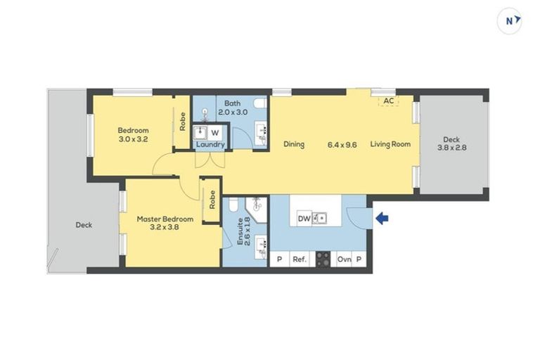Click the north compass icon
[x=509, y=21]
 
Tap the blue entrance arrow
[x=382, y=218]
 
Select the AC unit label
[x=389, y=101]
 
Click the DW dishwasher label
[x=304, y=219]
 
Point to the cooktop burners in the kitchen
[x=323, y=259]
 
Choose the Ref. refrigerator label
[x=300, y=259]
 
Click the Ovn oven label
[x=344, y=259]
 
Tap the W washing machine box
[x=215, y=133]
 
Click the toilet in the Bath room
[x=260, y=103]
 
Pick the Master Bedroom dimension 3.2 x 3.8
[x=165, y=227]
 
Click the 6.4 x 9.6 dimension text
[x=342, y=145]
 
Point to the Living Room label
[x=390, y=144]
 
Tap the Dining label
[x=294, y=144]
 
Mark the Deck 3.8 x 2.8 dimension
[x=452, y=148]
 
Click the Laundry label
[x=210, y=144]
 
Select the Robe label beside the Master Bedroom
[x=212, y=200]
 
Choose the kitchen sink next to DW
[x=319, y=219]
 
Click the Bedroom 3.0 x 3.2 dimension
[x=134, y=139]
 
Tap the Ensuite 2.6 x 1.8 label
[x=243, y=231]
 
